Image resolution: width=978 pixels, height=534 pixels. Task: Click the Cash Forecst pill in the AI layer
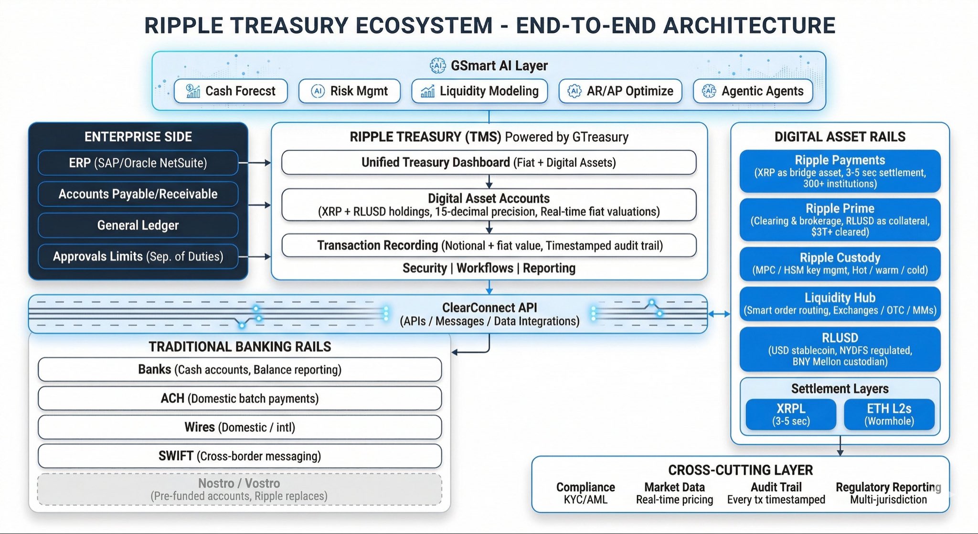coord(231,91)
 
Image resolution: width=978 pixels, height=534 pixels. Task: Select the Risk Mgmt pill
coord(349,91)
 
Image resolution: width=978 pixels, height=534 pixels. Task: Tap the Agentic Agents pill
coord(753,91)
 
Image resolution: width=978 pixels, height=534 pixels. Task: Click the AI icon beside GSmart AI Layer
coord(437,65)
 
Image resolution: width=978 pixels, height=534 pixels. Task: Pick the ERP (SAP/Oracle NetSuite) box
coord(138,163)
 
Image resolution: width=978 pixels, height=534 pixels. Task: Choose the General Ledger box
coord(138,225)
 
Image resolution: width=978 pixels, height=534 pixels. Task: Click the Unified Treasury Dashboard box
coord(489,162)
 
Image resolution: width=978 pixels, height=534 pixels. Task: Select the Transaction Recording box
coord(489,246)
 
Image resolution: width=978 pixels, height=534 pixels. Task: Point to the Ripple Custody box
coord(840,264)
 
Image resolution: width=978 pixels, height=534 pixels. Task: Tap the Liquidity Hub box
coord(840,304)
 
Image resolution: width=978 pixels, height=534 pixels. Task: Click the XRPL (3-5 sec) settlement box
coord(791,414)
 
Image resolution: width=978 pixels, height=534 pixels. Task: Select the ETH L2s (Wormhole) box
coord(889,414)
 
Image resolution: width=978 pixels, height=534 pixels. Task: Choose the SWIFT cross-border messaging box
coord(239,456)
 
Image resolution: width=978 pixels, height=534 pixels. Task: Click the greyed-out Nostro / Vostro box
coord(239,489)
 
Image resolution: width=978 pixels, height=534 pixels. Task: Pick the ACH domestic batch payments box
coord(239,398)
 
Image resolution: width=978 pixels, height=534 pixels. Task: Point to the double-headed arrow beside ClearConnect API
coord(719,314)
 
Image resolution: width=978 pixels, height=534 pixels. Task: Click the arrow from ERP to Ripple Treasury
coord(255,163)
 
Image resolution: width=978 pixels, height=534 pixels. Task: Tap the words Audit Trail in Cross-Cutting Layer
coord(776,487)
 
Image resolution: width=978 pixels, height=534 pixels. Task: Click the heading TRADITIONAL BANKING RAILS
coord(240,346)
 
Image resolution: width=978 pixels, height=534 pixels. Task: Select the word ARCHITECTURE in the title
coord(749,25)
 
